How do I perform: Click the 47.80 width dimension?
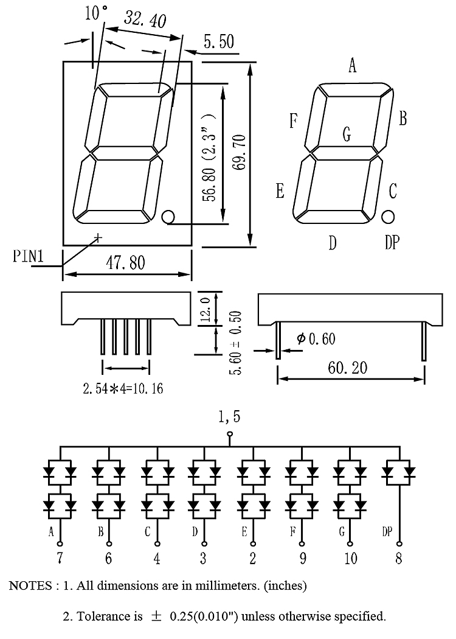tap(125, 262)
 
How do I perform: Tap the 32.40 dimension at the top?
tap(145, 19)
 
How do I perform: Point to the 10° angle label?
tap(96, 12)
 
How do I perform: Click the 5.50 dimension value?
tap(219, 41)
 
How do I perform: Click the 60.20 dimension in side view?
tap(347, 368)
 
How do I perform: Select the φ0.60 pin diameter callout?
tap(316, 338)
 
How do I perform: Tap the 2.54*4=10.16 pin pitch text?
tap(123, 388)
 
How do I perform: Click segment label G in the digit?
tap(347, 134)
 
